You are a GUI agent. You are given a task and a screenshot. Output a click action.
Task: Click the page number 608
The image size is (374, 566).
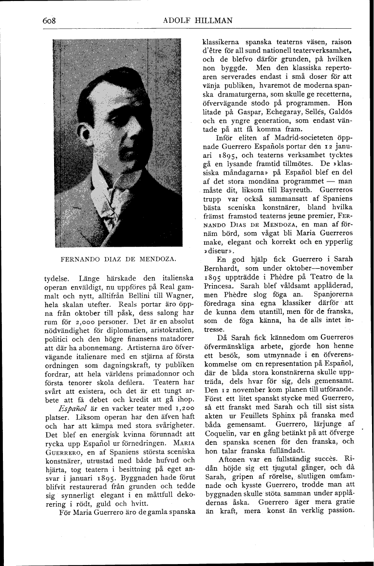pos(50,20)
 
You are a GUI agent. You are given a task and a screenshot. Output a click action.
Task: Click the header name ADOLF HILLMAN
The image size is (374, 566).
pos(198,20)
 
